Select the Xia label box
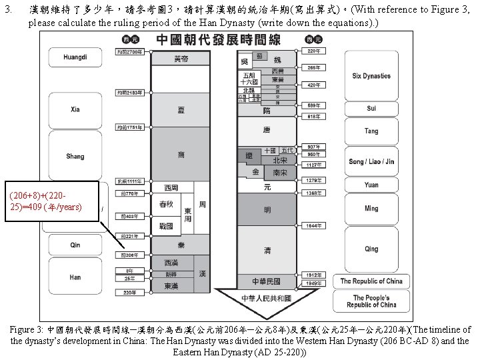(75, 110)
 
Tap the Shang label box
(75, 157)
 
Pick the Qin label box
(75, 245)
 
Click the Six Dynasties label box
(371, 76)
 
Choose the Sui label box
(371, 108)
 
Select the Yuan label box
(371, 185)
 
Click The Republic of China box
(371, 281)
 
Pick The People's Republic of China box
(371, 301)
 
